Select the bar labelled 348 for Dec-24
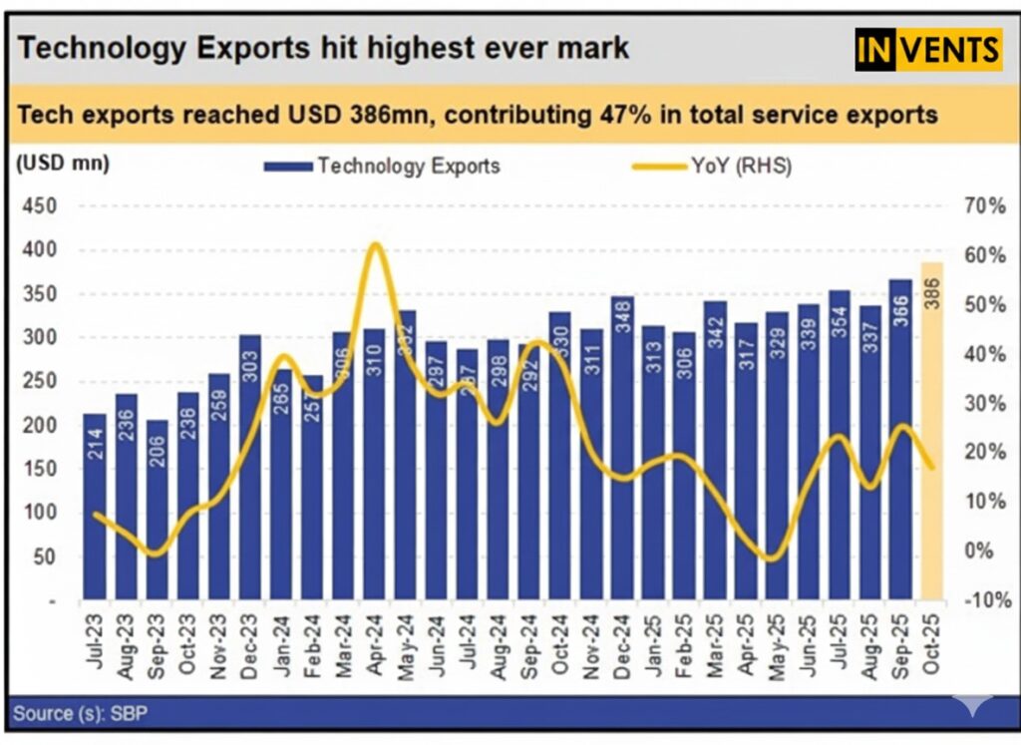tap(622, 449)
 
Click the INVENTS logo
tap(927, 48)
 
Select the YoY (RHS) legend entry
tap(713, 167)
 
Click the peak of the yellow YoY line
tap(374, 244)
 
